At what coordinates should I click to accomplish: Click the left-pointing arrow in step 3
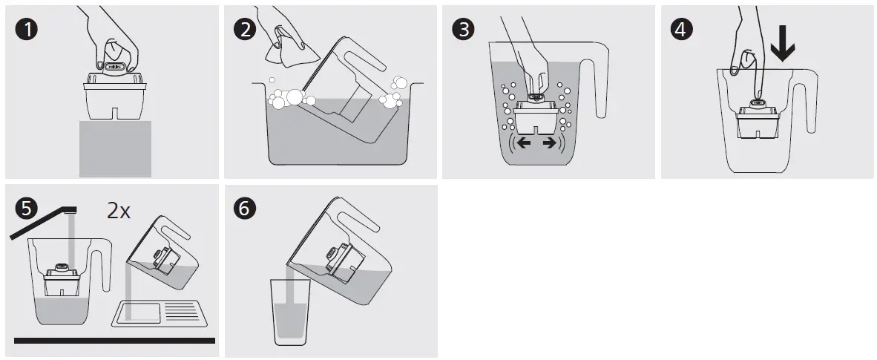pyautogui.click(x=524, y=143)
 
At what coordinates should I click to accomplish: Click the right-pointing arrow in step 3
pyautogui.click(x=550, y=143)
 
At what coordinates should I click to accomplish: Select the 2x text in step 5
pyautogui.click(x=119, y=211)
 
